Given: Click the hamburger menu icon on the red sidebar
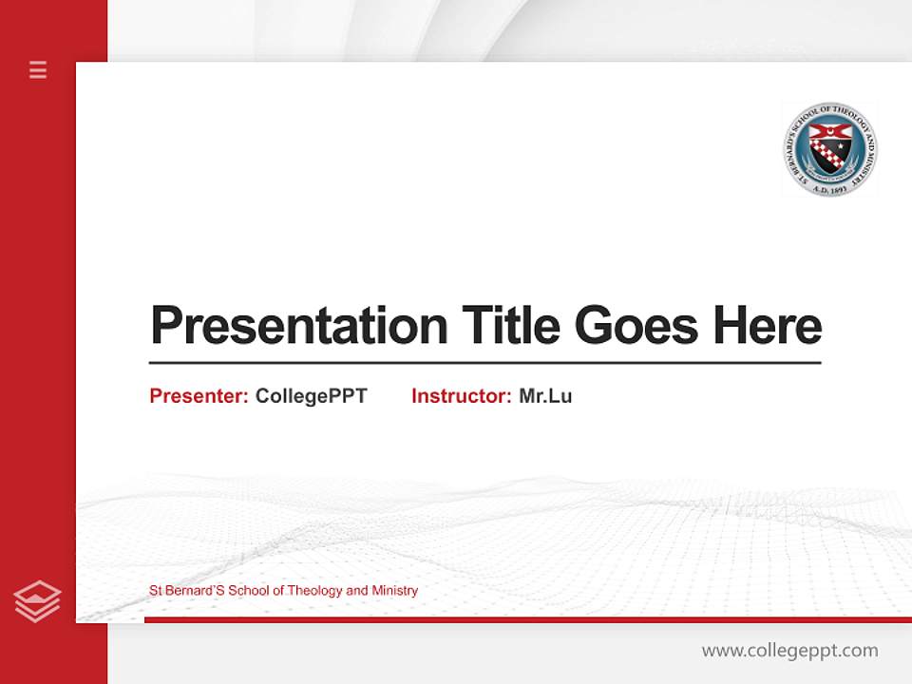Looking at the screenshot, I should (x=38, y=69).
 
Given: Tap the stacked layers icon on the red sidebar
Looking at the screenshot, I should (x=38, y=601).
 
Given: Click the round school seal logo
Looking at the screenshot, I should (x=830, y=149).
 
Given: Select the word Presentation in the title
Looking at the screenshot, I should (x=298, y=326).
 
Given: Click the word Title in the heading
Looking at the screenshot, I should (x=511, y=326).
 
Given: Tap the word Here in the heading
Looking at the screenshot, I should (x=768, y=326).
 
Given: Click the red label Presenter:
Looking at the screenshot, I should (x=199, y=396).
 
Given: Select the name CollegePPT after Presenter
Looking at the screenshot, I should (x=311, y=396).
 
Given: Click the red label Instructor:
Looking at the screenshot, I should (x=461, y=396).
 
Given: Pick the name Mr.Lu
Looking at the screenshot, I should (x=545, y=396).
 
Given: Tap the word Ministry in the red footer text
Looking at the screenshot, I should (x=394, y=591).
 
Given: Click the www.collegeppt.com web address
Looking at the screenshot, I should (x=789, y=651).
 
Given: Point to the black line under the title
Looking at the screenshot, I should (x=484, y=362).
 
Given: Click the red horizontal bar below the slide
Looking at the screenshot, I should (x=527, y=619).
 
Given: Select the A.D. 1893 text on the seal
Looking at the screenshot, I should (x=830, y=190).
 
